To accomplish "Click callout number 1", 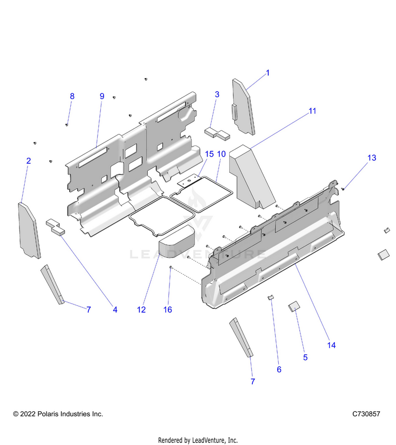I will coord(267,73).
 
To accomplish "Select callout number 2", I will coord(29,161).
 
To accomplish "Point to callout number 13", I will coord(372,158).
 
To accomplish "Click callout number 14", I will coord(332,345).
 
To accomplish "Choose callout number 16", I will coord(167,309).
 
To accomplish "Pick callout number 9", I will coord(102,96).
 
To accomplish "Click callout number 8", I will coord(72,96).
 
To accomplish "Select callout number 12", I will coord(141,309).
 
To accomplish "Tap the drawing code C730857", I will coord(366,414).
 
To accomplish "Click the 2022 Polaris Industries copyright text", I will coord(58,414).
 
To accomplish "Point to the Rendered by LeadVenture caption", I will coord(198,440).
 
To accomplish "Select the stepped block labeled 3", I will coord(217,132).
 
